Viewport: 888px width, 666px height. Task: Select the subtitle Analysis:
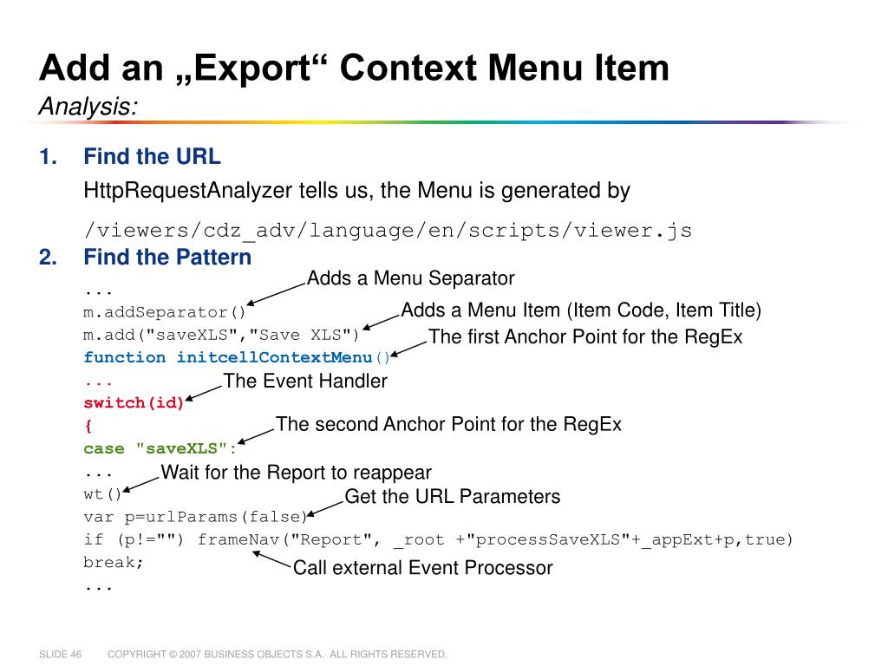coord(88,107)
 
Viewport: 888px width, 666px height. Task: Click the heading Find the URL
coord(152,157)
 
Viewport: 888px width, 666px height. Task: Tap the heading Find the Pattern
coord(167,258)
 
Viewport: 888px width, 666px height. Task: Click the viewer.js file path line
coord(388,231)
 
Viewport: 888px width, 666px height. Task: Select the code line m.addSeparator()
coord(165,312)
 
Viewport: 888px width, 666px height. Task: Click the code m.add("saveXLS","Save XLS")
coord(221,335)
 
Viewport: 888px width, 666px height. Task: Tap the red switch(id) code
coord(134,402)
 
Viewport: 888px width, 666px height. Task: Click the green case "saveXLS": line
coord(160,448)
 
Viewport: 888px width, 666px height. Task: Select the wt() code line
coord(103,494)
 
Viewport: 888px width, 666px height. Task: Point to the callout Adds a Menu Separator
coord(410,278)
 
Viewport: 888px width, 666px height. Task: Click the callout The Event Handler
coord(305,381)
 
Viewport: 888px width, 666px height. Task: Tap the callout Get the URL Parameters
coord(452,497)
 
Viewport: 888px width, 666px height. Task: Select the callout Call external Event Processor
coord(422,568)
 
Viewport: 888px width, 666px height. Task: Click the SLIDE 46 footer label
coord(60,654)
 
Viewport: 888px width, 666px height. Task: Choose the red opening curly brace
coord(88,426)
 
